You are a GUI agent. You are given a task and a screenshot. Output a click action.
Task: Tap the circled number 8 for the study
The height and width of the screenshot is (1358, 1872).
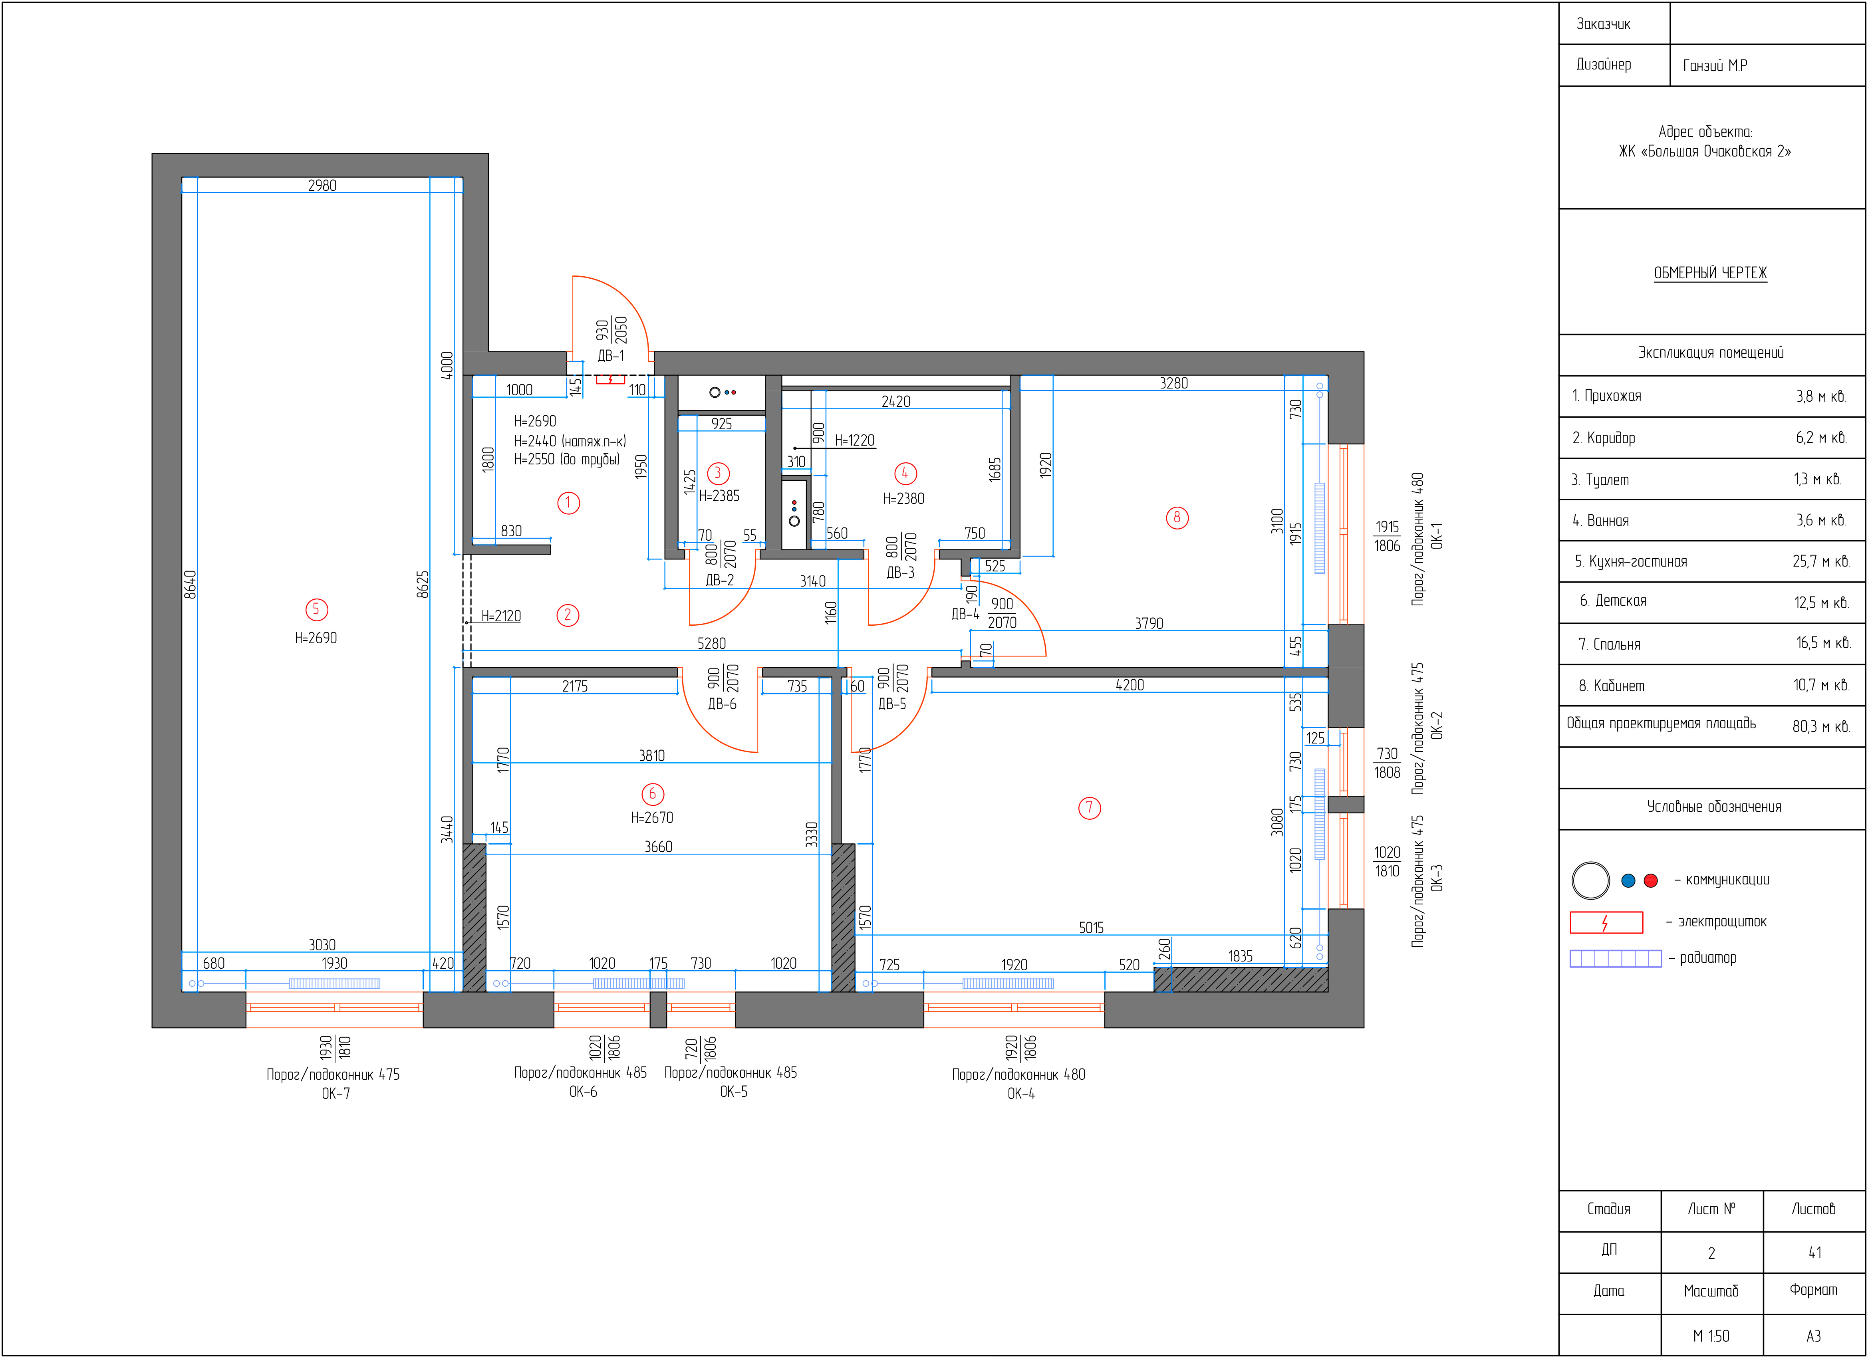pos(1177,518)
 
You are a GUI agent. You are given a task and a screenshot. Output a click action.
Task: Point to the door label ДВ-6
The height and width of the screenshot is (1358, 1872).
pos(722,704)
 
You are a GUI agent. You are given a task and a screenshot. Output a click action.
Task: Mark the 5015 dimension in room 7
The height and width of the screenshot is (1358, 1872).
pos(1091,928)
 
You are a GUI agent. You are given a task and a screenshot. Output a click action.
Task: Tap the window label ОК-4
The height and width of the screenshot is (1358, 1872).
pos(1021,1094)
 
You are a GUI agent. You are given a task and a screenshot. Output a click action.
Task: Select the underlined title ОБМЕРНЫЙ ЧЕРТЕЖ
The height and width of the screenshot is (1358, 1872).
pos(1710,273)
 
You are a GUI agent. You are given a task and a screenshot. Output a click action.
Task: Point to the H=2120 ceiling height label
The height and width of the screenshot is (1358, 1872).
pos(501,616)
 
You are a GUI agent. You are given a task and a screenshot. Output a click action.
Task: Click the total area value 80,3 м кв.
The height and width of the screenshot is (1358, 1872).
pos(1821,727)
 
